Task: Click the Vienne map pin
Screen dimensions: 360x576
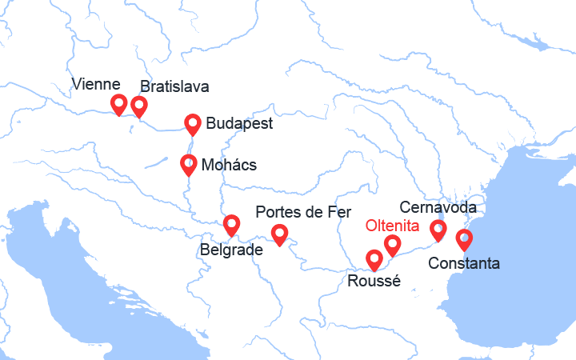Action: (x=119, y=104)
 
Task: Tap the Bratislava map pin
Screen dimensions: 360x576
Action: (x=139, y=106)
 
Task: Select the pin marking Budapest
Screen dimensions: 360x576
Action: (x=193, y=124)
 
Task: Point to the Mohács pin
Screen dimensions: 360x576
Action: (x=188, y=165)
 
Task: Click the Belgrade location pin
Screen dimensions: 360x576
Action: (x=231, y=225)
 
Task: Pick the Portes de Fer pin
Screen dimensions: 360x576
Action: (x=279, y=234)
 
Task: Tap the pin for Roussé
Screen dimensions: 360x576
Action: (x=374, y=260)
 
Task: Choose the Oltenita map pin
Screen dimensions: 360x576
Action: (x=393, y=245)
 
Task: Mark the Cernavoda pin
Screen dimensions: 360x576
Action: (x=438, y=230)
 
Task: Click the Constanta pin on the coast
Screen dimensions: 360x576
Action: (x=464, y=239)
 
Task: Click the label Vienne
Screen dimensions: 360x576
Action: (x=95, y=84)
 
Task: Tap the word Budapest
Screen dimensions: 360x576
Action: (x=239, y=124)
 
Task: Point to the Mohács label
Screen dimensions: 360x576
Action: (x=230, y=165)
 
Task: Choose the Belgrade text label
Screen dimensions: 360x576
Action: (x=230, y=250)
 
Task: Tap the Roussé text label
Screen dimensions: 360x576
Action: (x=374, y=281)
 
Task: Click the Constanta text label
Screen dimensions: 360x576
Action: (x=464, y=263)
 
